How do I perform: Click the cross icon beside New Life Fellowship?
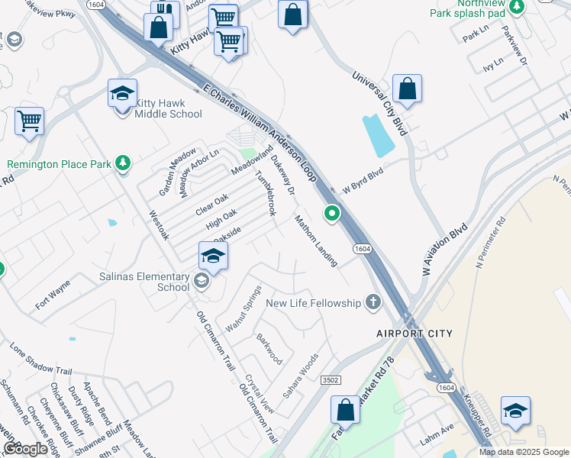[373, 303]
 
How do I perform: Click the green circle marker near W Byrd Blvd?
[331, 214]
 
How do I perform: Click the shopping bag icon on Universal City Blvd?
[408, 89]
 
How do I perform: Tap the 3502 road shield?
[331, 379]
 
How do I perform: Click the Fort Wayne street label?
[53, 295]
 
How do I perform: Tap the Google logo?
[25, 449]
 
